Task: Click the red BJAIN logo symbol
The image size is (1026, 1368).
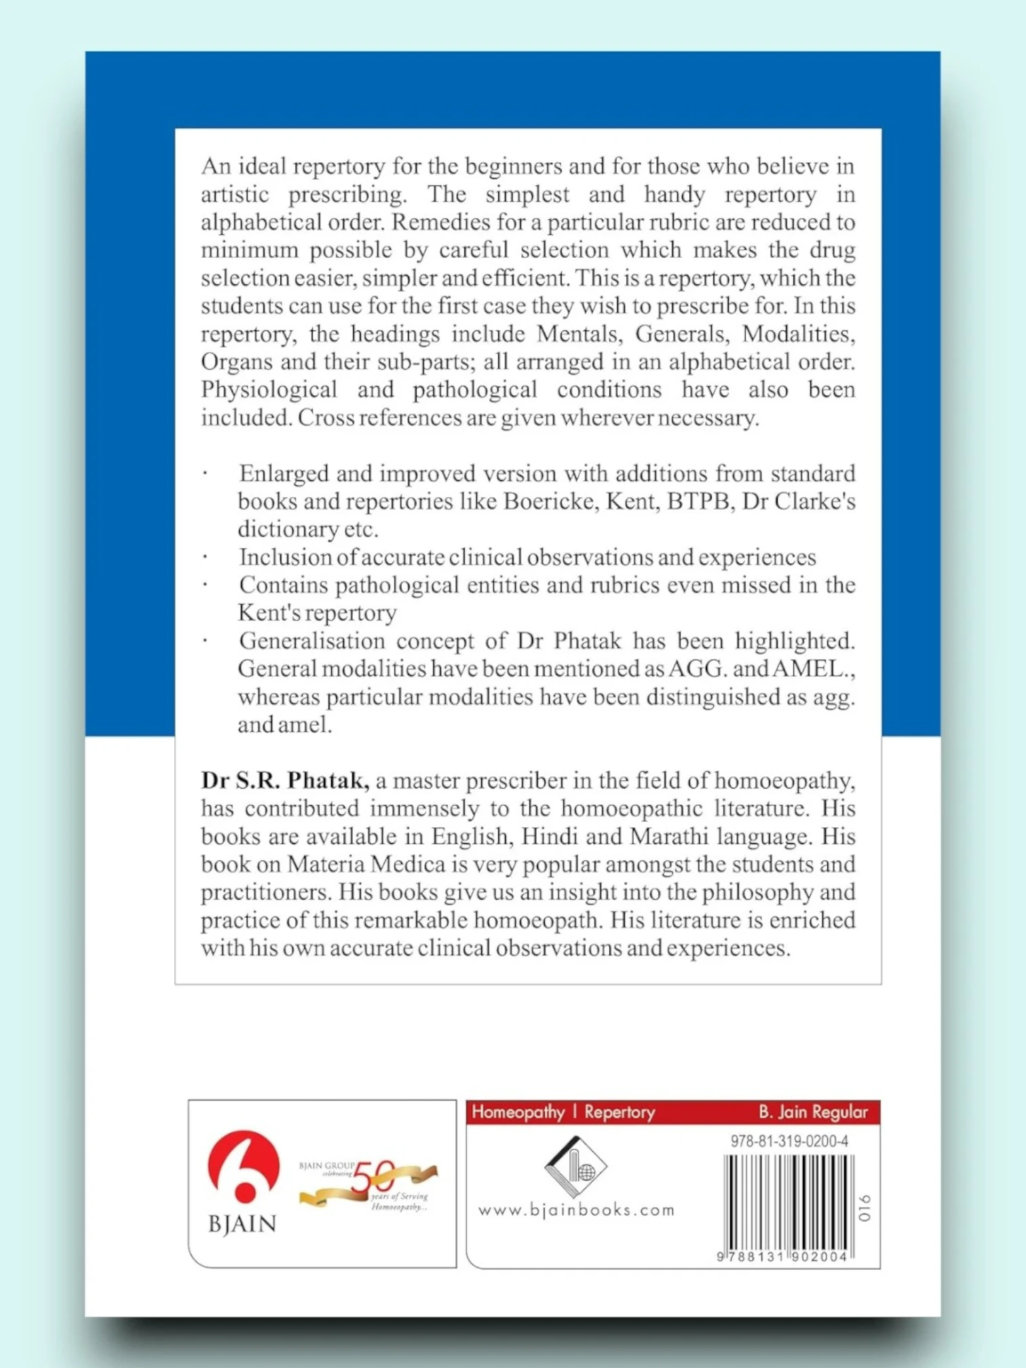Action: [x=243, y=1166]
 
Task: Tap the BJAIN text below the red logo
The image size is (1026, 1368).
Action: [x=242, y=1224]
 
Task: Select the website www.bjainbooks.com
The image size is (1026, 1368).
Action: [x=576, y=1210]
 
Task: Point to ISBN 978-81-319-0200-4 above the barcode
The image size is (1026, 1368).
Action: [x=788, y=1141]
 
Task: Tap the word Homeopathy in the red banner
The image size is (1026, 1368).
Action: [x=518, y=1112]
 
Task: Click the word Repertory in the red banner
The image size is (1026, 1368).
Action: [x=620, y=1112]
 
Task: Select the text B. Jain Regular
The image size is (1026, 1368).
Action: [x=813, y=1112]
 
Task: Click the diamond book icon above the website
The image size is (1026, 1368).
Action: [x=575, y=1166]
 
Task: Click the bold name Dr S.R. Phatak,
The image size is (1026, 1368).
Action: [x=285, y=780]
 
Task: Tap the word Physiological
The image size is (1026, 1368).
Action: [x=269, y=389]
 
